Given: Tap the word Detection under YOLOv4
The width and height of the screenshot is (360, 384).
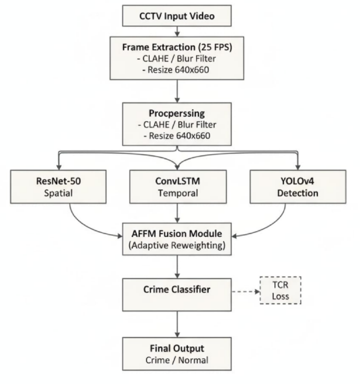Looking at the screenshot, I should coord(298,193).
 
